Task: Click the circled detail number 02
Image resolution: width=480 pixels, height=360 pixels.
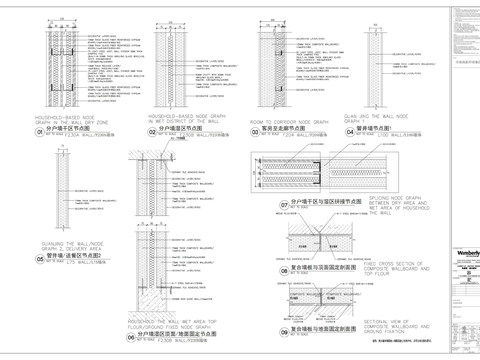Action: (x=154, y=131)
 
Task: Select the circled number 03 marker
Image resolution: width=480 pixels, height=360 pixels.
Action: (x=256, y=131)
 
